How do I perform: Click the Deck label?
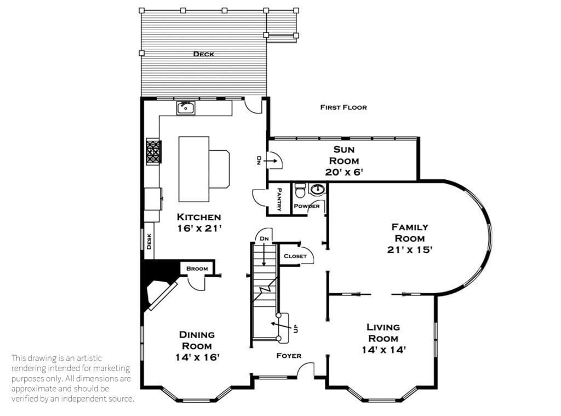coord(203,54)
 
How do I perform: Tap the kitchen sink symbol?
coord(186,107)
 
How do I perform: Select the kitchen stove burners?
coord(153,151)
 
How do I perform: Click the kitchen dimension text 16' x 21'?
coord(199,228)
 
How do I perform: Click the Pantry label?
coord(279,199)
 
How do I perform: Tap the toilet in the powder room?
coord(300,191)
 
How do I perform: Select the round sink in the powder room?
coord(317,190)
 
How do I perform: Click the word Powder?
coord(307,206)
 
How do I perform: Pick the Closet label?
coord(295,256)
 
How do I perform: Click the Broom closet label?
coord(197,269)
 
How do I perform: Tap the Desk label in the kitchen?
coord(149,241)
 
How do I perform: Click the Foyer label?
coord(289,356)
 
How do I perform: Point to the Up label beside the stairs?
coord(296,329)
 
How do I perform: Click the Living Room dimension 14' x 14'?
coord(383,349)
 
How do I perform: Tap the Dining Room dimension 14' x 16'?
coord(197,357)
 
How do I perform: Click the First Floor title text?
coord(344,107)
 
